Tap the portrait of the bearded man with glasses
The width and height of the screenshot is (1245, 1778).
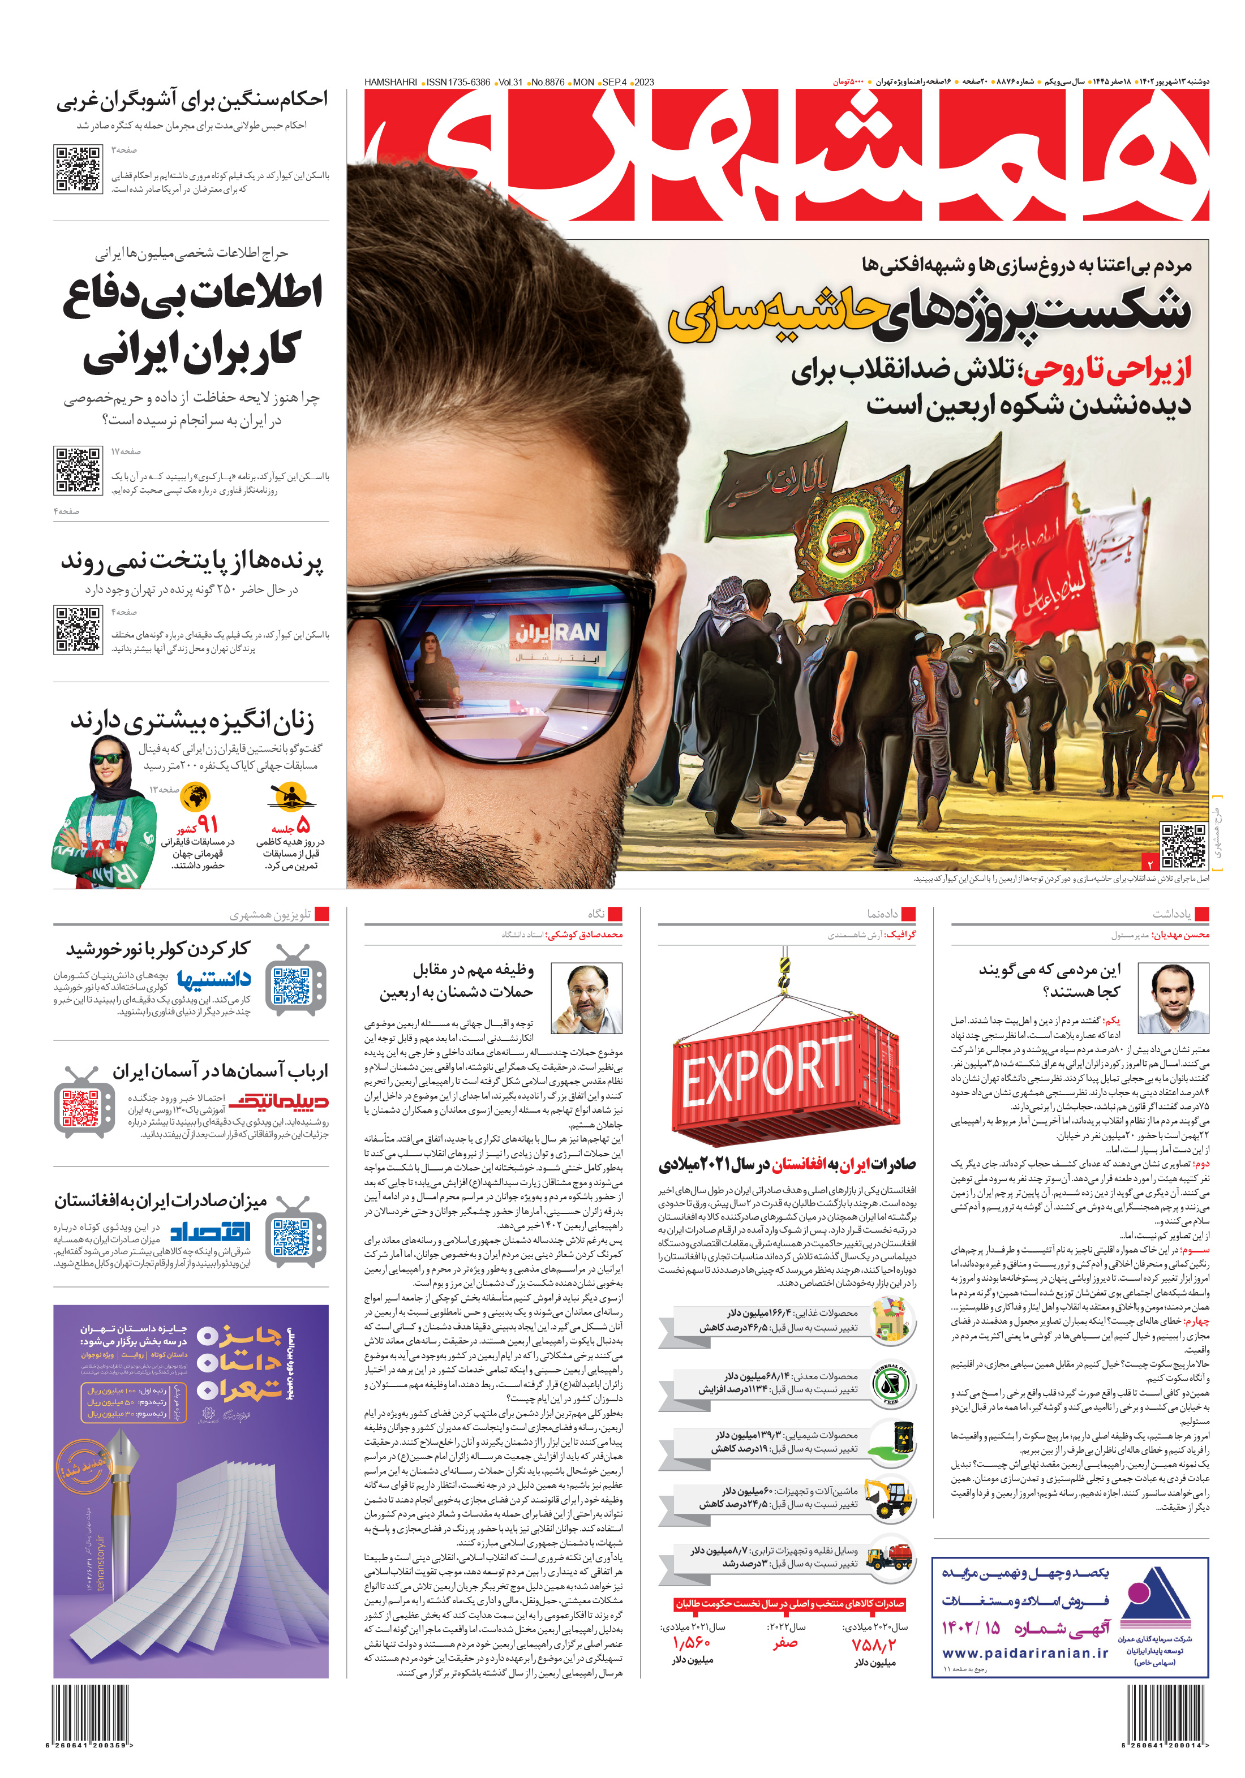pos(586,999)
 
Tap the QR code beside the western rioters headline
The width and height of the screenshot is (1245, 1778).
pos(78,168)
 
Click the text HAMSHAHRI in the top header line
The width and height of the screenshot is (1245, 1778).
pos(390,82)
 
